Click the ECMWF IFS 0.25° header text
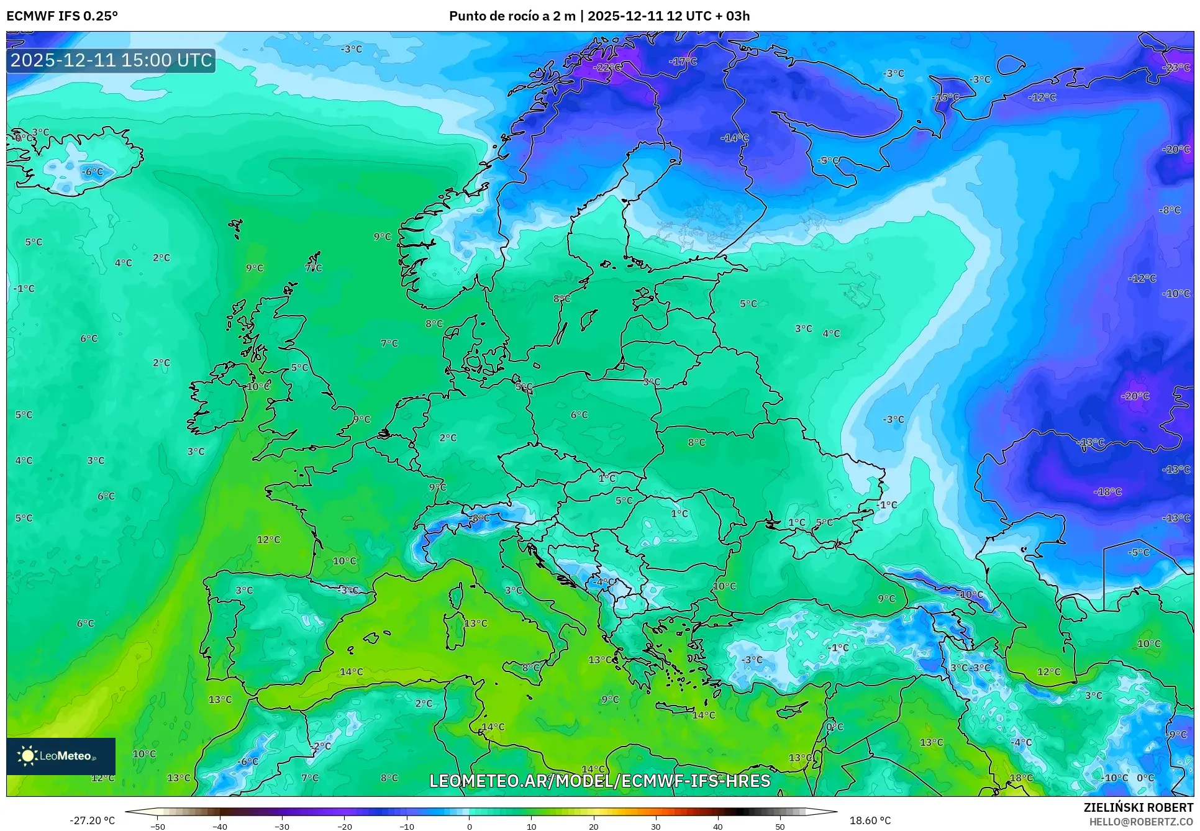click(61, 16)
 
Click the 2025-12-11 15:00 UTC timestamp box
click(111, 60)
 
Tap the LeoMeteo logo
click(60, 756)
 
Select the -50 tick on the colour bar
click(158, 826)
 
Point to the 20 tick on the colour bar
click(593, 826)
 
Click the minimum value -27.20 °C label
click(92, 820)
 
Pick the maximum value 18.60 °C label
click(870, 820)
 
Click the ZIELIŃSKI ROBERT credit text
click(1138, 807)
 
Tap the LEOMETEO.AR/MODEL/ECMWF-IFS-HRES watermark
click(599, 781)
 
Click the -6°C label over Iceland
click(93, 172)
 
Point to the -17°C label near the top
click(683, 61)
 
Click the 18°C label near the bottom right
click(1021, 778)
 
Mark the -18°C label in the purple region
click(1107, 492)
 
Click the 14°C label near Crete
click(703, 715)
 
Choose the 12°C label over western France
click(268, 540)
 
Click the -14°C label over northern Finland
click(734, 138)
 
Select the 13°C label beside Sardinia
click(476, 623)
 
